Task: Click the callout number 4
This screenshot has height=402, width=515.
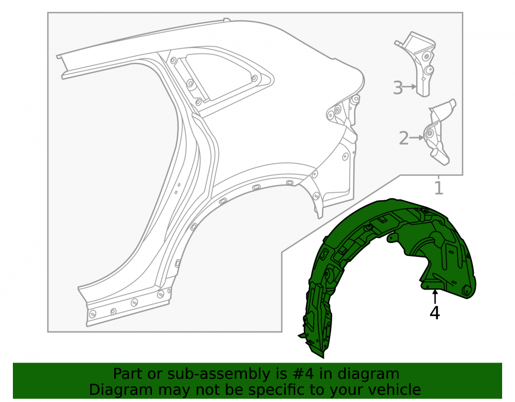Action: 435,313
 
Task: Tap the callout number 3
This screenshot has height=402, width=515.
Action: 398,88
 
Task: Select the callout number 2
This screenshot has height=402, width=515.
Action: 404,138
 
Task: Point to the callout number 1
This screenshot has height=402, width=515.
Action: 439,188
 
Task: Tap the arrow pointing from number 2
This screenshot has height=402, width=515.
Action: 417,138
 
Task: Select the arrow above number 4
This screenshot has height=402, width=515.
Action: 435,296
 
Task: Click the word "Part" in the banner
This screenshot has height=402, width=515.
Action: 127,374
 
